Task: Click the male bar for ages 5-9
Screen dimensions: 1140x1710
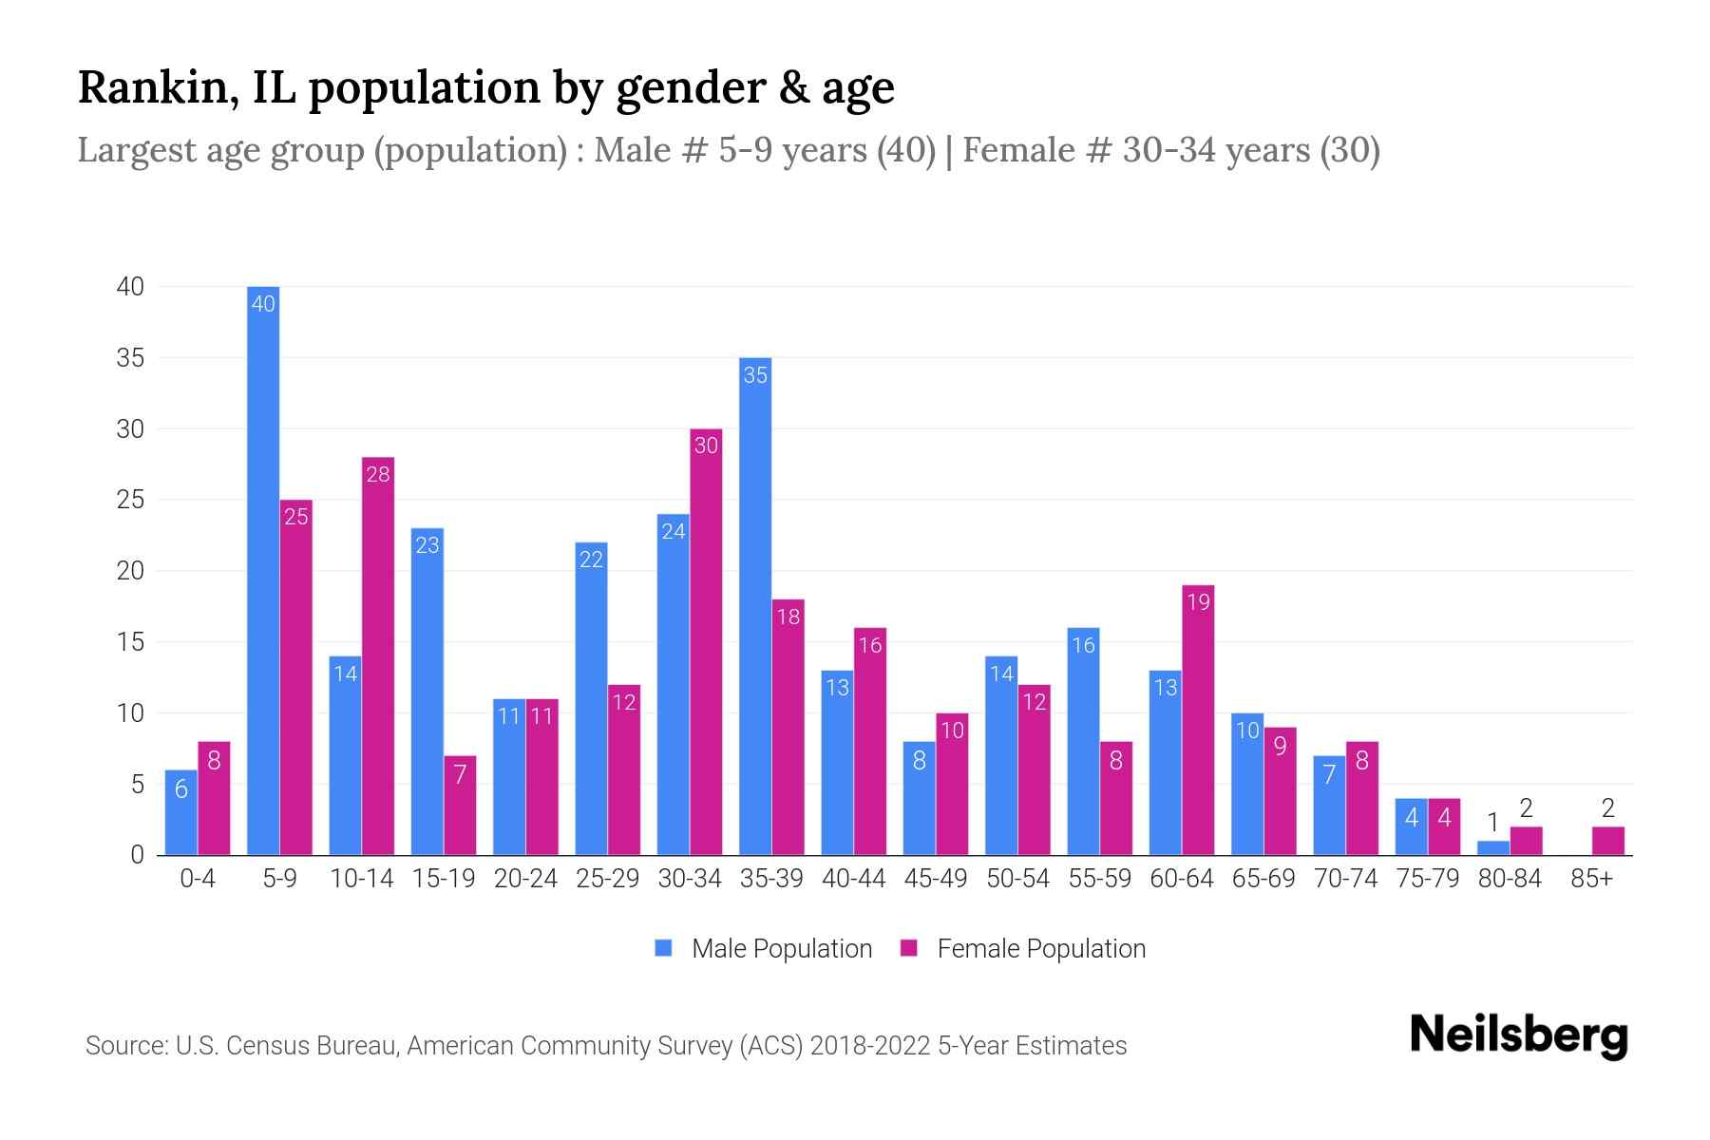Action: tap(263, 570)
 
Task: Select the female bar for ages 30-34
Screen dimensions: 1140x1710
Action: tap(706, 642)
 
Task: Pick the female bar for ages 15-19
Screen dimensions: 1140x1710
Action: tap(460, 806)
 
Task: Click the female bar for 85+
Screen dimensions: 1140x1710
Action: tap(1607, 842)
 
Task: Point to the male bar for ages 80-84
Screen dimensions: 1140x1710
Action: tap(1493, 848)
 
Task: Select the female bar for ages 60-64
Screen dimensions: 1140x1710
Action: tap(1198, 720)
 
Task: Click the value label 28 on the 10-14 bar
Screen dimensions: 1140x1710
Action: tap(378, 474)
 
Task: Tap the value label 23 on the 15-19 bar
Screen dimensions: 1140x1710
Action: tap(427, 545)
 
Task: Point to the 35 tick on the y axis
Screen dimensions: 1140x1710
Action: tap(131, 358)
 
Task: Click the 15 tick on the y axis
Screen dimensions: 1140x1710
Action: tap(131, 642)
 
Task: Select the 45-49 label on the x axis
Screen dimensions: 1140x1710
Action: tap(936, 879)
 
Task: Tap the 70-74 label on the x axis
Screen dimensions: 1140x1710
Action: tap(1345, 879)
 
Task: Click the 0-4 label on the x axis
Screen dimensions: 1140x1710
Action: tap(198, 879)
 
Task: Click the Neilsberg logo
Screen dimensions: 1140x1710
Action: tap(1518, 1035)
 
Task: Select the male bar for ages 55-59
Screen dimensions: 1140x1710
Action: tap(1083, 741)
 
